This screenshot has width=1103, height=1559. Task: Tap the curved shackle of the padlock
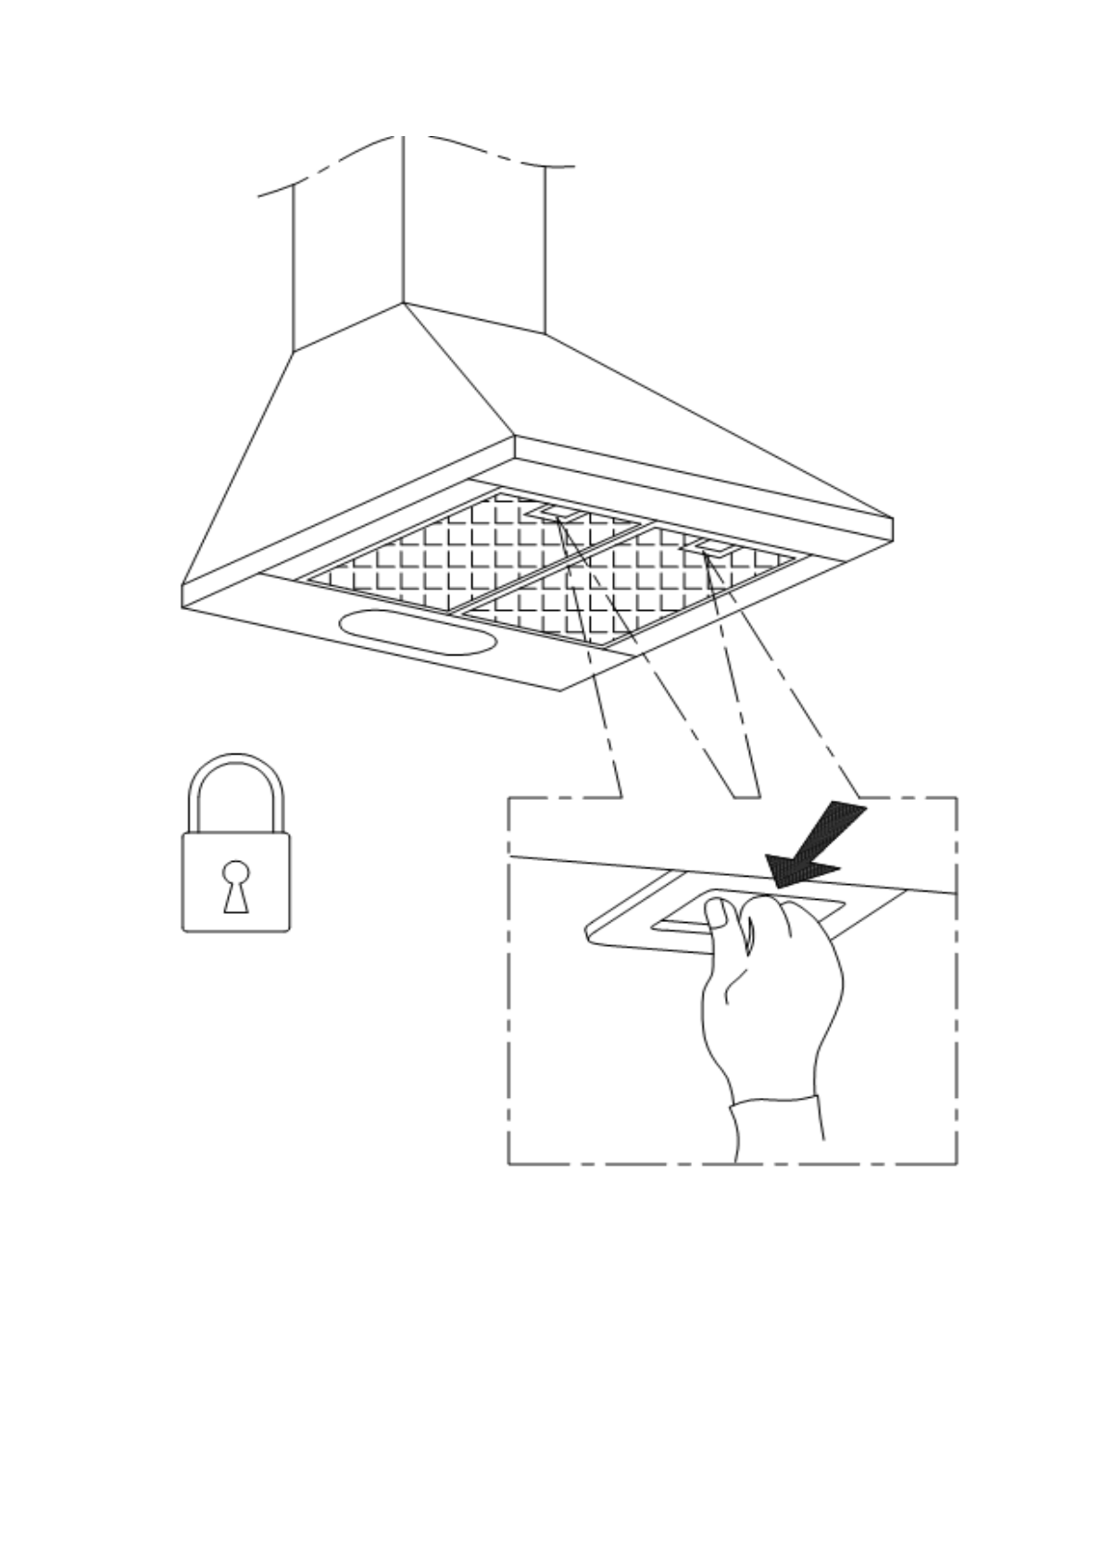(x=236, y=764)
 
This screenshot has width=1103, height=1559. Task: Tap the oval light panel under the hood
(x=415, y=632)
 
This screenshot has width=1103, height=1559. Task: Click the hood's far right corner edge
(x=892, y=530)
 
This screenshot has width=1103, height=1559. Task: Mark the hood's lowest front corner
(x=559, y=690)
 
